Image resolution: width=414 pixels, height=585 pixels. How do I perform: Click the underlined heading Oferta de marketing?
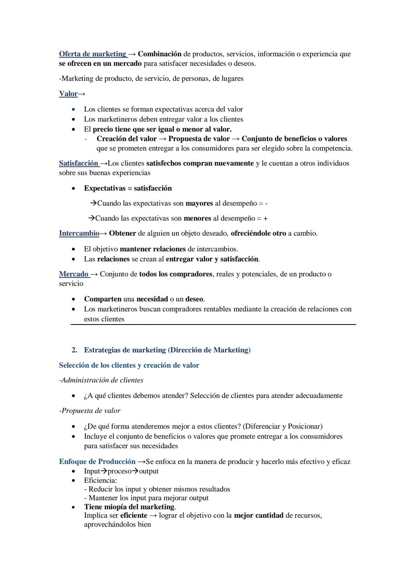[92, 54]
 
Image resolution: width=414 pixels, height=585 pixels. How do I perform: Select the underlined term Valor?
[68, 94]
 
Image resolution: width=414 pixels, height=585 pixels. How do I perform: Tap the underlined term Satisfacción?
[79, 163]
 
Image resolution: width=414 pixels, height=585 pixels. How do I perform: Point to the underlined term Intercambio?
[79, 233]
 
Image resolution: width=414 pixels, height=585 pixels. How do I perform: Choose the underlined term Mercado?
[74, 274]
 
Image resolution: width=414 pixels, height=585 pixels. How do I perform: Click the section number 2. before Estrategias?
[74, 350]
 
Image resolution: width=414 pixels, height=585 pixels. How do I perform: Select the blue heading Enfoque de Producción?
[97, 462]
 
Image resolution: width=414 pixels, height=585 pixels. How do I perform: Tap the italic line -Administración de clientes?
[101, 380]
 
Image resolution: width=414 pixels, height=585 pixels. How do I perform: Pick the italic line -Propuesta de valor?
[90, 411]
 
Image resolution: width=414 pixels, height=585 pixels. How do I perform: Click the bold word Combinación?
[159, 54]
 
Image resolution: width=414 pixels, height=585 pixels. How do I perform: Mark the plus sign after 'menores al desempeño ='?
[265, 218]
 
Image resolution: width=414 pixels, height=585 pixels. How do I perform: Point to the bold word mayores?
[199, 203]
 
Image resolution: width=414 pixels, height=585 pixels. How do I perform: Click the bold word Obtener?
[122, 233]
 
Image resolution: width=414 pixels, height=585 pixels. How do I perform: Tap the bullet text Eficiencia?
[100, 480]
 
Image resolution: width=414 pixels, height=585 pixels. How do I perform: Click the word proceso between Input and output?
[119, 471]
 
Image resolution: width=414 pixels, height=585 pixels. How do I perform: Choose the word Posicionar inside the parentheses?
[305, 426]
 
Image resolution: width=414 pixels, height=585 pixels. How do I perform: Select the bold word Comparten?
[103, 299]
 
